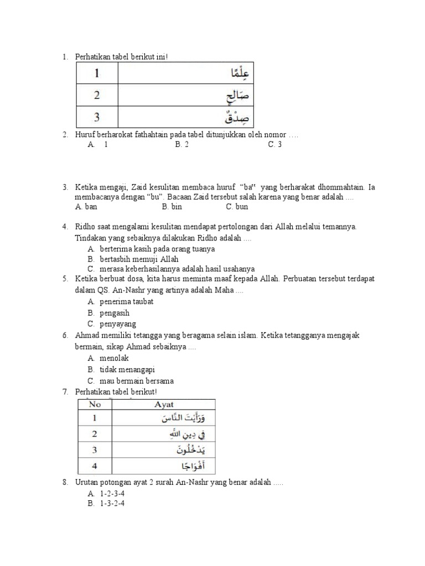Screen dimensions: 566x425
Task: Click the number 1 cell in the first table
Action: [96, 74]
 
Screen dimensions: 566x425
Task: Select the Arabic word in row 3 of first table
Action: [237, 117]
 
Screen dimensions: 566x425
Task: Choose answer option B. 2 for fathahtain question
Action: [182, 144]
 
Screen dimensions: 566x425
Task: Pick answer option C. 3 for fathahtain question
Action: [275, 144]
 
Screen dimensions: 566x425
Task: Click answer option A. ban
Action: [86, 207]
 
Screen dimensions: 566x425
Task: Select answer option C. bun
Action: [237, 207]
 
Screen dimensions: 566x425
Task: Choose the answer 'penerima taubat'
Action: [126, 302]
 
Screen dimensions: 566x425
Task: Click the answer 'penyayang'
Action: [117, 324]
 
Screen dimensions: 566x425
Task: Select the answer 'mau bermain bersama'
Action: [136, 381]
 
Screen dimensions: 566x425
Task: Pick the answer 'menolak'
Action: [114, 358]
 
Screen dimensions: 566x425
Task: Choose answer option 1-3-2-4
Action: [112, 504]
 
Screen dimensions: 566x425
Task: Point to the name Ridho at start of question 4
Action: [86, 227]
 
